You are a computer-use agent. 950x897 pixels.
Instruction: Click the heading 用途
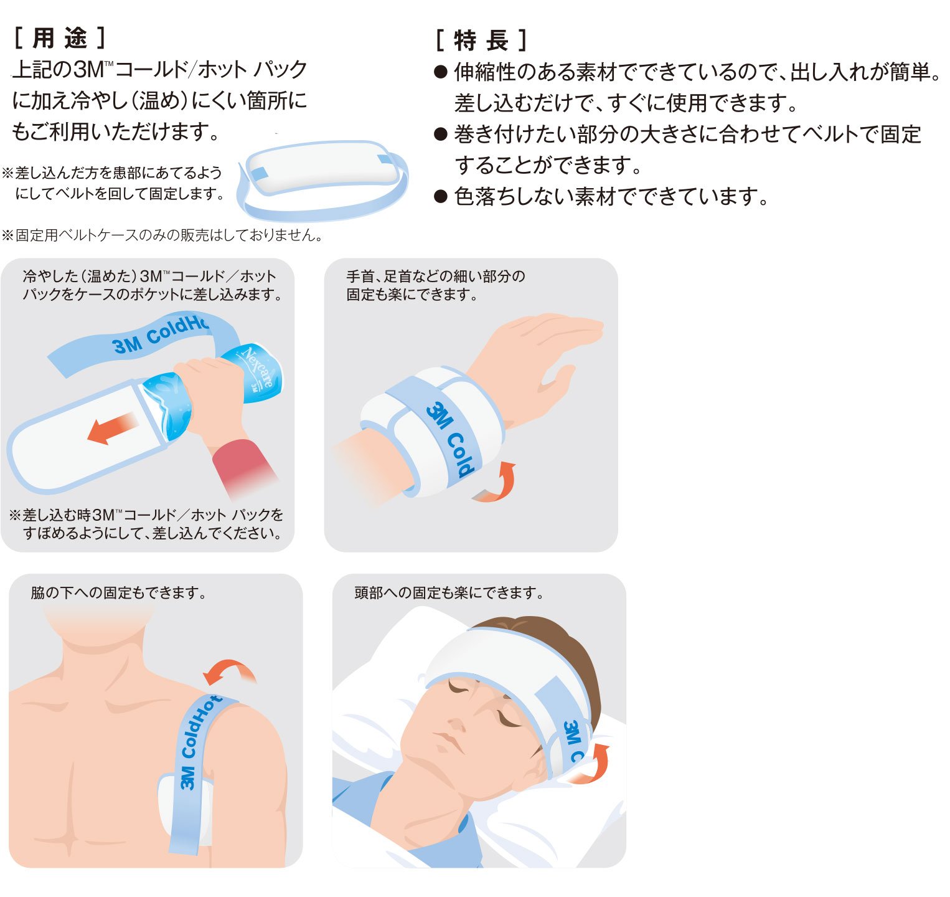click(x=60, y=39)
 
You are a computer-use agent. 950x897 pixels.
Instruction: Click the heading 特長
click(x=481, y=41)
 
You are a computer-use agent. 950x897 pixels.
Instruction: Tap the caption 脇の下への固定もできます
click(x=118, y=593)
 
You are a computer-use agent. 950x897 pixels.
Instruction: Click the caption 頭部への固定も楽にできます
click(x=449, y=593)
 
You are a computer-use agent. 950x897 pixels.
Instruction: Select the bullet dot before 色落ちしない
click(x=441, y=197)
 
